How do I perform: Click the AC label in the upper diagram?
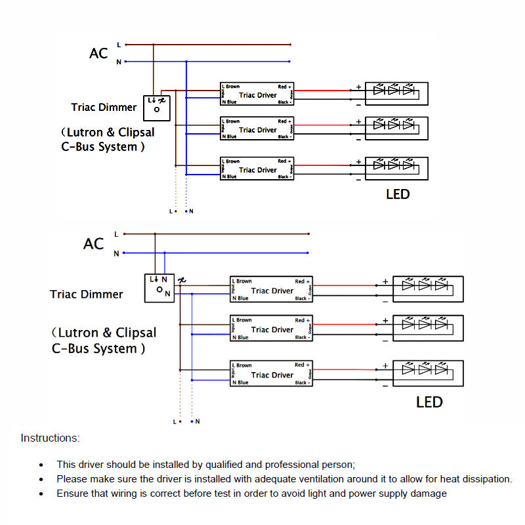point(98,53)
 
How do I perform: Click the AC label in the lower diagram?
point(94,244)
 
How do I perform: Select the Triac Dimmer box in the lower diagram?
point(159,287)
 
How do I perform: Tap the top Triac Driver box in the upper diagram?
point(257,95)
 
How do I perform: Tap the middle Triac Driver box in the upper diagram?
point(257,129)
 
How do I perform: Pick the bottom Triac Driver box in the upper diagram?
point(257,169)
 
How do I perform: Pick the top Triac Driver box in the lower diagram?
point(272,290)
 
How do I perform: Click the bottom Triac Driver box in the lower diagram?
point(272,375)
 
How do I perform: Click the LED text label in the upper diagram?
point(398,194)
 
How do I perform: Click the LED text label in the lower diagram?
point(429,402)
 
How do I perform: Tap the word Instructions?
point(51,438)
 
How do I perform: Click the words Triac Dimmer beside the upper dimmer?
point(104,107)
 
